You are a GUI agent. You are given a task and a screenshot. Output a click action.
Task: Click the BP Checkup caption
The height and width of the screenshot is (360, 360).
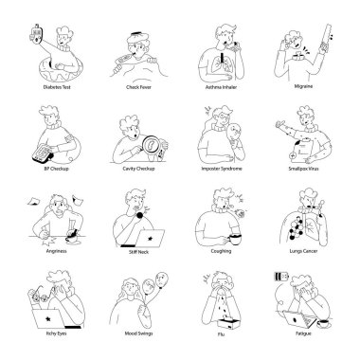tap(53, 171)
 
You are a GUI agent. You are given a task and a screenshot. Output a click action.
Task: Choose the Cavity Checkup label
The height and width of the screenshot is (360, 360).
tap(138, 171)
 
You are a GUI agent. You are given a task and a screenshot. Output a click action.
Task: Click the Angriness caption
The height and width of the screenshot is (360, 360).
tap(53, 253)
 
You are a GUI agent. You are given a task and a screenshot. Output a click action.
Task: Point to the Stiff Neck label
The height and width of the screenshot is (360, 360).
tap(138, 253)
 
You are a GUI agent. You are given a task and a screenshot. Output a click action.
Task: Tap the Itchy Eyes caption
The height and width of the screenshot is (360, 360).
tap(53, 333)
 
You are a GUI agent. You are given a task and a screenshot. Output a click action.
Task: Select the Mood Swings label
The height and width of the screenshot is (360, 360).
tap(138, 333)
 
